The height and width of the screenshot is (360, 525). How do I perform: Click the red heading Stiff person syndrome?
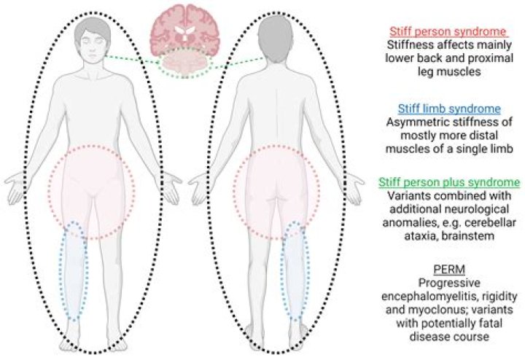(448, 31)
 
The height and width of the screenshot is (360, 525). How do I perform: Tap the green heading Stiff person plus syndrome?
(448, 181)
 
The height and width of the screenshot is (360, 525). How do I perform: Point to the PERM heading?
(448, 271)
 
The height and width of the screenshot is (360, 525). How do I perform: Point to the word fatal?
(483, 326)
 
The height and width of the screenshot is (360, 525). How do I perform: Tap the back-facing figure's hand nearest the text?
(351, 186)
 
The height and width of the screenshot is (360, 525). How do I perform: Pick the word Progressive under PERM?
(448, 285)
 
